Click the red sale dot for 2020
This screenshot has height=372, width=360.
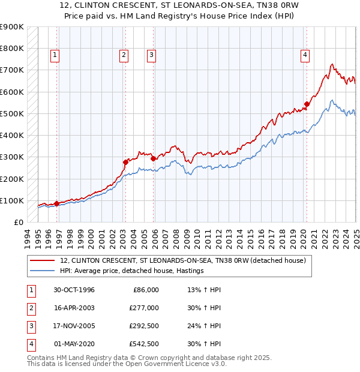pyautogui.click(x=307, y=104)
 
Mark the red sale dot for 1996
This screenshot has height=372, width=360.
pyautogui.click(x=56, y=203)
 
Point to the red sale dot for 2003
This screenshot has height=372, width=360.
pyautogui.click(x=125, y=162)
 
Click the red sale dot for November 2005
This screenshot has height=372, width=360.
pyautogui.click(x=153, y=158)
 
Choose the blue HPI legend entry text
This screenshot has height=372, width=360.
pyautogui.click(x=132, y=271)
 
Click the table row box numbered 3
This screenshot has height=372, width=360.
pyautogui.click(x=29, y=326)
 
